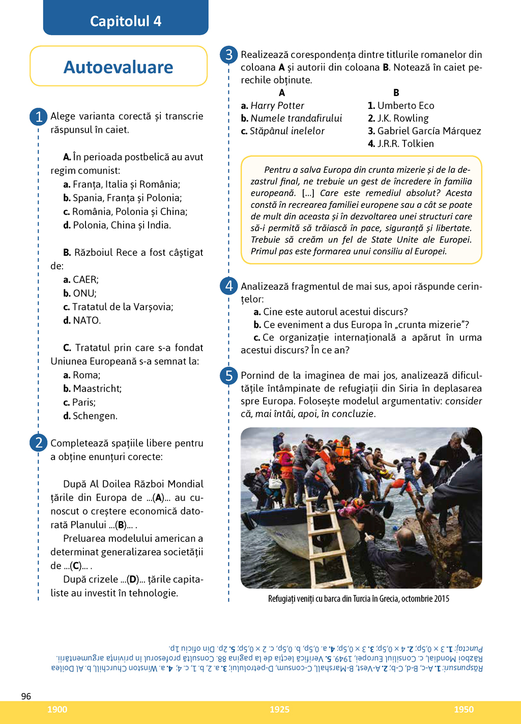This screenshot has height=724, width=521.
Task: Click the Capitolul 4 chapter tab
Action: pyautogui.click(x=126, y=21)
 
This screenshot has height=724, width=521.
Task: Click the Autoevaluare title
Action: pyautogui.click(x=119, y=67)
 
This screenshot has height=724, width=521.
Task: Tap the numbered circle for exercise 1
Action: pyautogui.click(x=39, y=117)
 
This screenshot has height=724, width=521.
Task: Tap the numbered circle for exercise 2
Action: pyautogui.click(x=39, y=443)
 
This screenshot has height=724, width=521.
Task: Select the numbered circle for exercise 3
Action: pyautogui.click(x=229, y=55)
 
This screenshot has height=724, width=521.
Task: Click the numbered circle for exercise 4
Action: pyautogui.click(x=229, y=286)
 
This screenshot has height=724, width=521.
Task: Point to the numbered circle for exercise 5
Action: pyautogui.click(x=229, y=376)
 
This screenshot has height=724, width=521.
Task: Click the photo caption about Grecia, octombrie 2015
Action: pyautogui.click(x=359, y=599)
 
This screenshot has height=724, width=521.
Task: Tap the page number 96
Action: pyautogui.click(x=26, y=696)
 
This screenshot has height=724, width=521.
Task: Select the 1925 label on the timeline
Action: pyautogui.click(x=279, y=710)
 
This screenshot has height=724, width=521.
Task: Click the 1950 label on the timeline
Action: pyautogui.click(x=464, y=710)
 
